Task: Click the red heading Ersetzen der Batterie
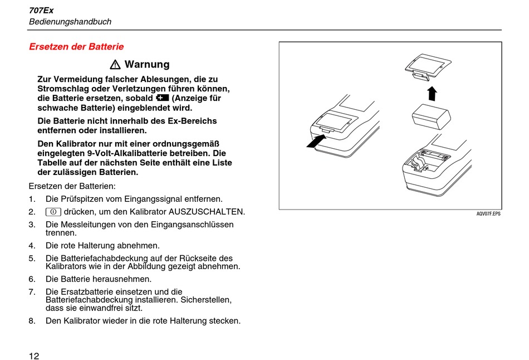point(76,47)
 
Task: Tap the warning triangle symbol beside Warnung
point(115,65)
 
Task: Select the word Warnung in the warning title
point(147,65)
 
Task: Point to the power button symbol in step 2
point(53,212)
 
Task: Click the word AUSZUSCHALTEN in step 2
point(207,212)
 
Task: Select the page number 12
point(34,356)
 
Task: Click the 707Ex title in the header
point(41,10)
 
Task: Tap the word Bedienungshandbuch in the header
point(70,22)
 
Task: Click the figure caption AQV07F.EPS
point(488,214)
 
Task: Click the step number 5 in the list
point(32,258)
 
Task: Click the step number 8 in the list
point(32,321)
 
